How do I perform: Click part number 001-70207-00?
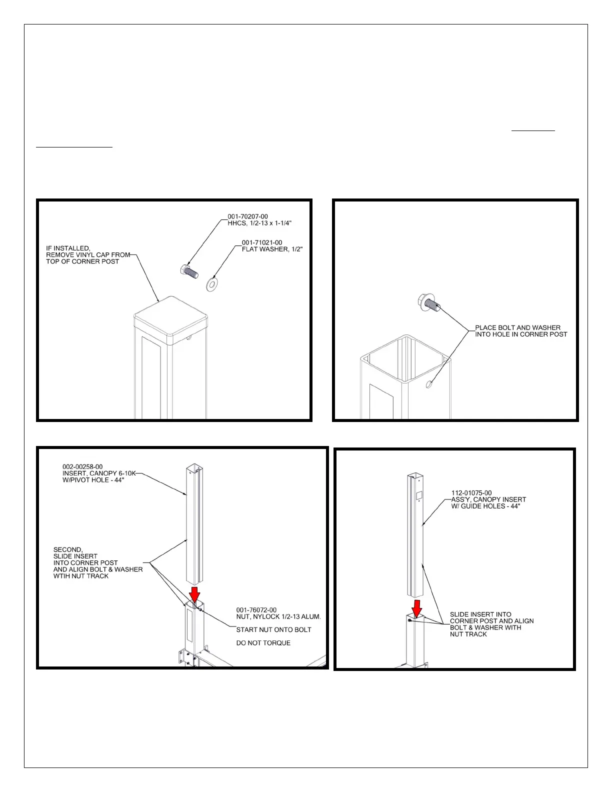(247, 216)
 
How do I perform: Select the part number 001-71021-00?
(261, 242)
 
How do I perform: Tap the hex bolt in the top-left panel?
(188, 271)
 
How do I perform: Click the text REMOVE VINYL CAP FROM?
(88, 254)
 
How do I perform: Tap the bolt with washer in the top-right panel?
(428, 302)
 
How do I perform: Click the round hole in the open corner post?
(429, 384)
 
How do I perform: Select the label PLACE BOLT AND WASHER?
(517, 327)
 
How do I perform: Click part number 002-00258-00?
(82, 466)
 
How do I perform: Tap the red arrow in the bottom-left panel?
(195, 595)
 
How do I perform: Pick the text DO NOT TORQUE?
(263, 643)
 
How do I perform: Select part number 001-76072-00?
(256, 610)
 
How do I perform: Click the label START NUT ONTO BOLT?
(273, 629)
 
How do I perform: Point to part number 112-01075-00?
(471, 493)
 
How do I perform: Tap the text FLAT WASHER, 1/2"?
(272, 249)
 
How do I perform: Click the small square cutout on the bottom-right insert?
(419, 494)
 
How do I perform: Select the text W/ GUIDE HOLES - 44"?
(485, 506)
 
